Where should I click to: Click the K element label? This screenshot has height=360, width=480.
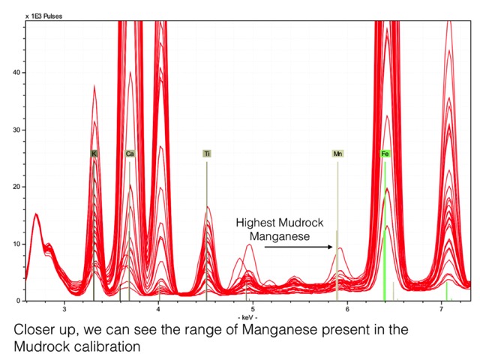click(94, 153)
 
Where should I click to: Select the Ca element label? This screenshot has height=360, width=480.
click(130, 153)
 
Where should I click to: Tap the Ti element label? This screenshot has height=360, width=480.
click(207, 153)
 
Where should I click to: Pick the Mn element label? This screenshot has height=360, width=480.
click(337, 153)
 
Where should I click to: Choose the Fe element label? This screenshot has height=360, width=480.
click(385, 153)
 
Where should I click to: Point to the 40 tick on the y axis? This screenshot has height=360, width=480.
click(17, 73)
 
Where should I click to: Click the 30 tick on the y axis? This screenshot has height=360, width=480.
click(17, 130)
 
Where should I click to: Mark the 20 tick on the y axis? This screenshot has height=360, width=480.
click(17, 187)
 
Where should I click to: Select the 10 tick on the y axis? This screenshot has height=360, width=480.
click(17, 244)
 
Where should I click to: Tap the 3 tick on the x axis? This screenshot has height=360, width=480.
click(64, 308)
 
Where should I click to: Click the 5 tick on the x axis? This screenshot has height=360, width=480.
click(253, 308)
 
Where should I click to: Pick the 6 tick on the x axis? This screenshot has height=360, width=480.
click(346, 308)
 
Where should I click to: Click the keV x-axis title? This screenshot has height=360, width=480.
click(245, 318)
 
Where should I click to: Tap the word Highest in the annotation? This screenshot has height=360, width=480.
click(256, 223)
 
